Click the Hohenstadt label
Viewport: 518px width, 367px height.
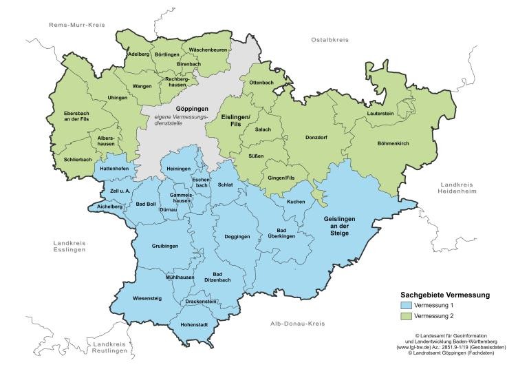pyautogui.click(x=195, y=324)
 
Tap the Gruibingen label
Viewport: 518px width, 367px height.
pyautogui.click(x=165, y=246)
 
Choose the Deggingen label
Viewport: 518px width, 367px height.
pyautogui.click(x=237, y=237)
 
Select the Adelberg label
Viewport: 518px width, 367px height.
pyautogui.click(x=138, y=54)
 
